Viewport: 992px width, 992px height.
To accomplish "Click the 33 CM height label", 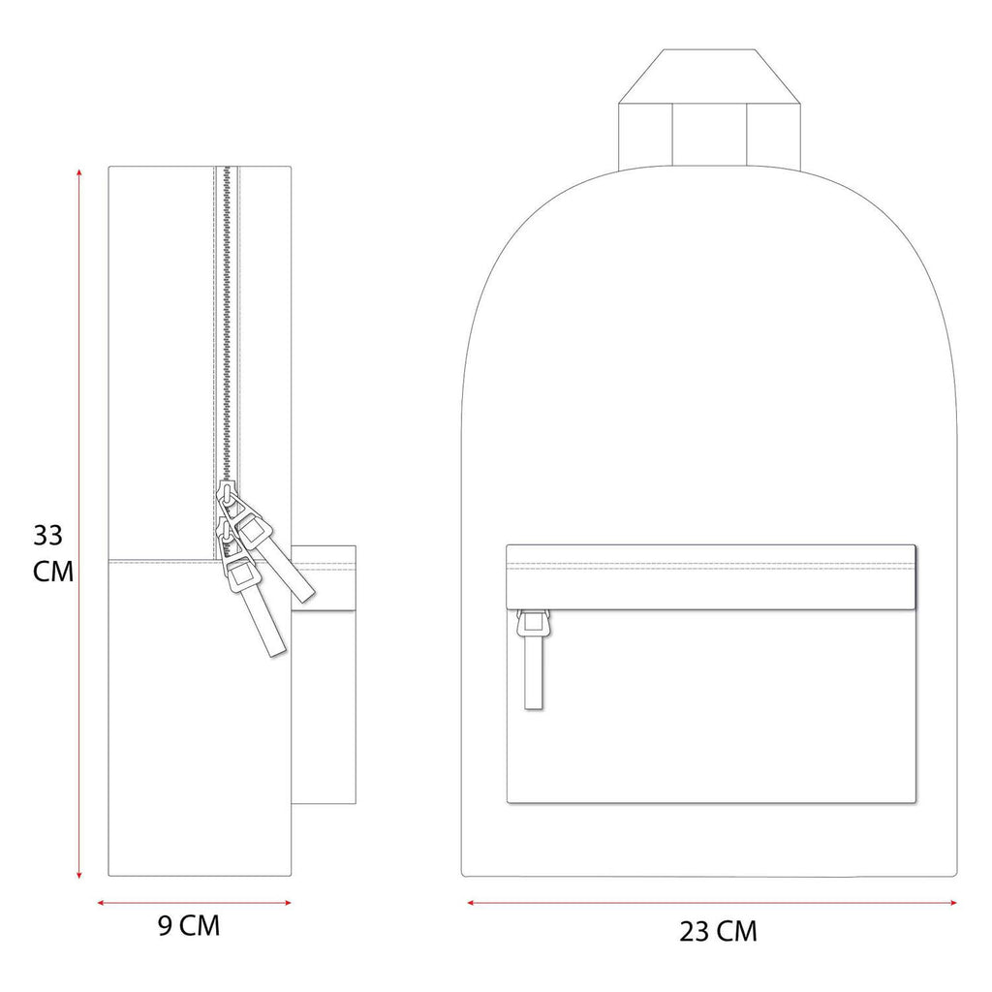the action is (53, 553).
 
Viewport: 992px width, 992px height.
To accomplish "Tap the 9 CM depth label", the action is (189, 925).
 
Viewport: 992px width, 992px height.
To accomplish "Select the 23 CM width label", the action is (718, 931).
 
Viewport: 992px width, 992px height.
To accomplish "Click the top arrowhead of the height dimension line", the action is (79, 172).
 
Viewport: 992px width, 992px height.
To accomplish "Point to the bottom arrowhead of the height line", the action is (79, 875).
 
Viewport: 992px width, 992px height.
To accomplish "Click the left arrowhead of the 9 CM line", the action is (101, 903).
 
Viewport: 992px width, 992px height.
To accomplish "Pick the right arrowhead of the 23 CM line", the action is (953, 903).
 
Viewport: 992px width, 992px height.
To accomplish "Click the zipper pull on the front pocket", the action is (533, 659).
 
